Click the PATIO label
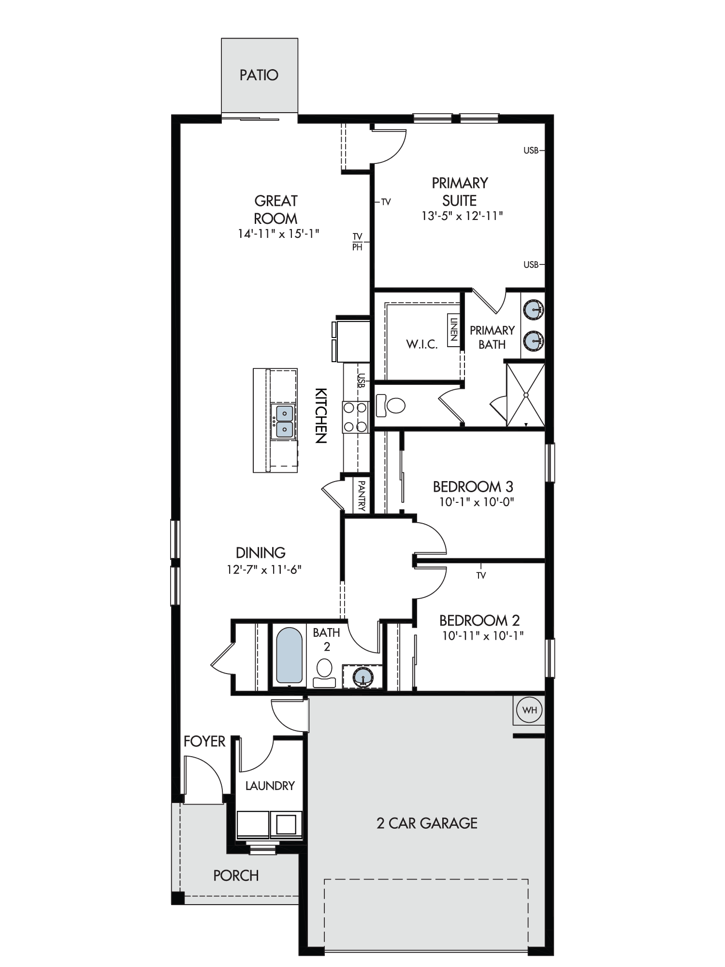click(x=259, y=75)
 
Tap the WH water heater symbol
click(x=530, y=710)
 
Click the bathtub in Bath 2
click(x=289, y=656)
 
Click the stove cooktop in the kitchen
click(x=355, y=417)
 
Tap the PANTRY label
click(x=362, y=495)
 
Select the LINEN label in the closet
click(x=453, y=329)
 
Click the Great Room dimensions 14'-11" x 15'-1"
click(x=278, y=234)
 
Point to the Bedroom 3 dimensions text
click(x=477, y=502)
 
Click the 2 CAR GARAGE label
click(x=427, y=823)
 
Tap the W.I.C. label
click(x=421, y=344)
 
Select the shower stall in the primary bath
click(x=525, y=395)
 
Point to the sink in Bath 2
click(x=363, y=676)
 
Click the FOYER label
click(x=204, y=741)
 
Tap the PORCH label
click(x=236, y=875)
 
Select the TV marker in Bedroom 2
click(x=481, y=575)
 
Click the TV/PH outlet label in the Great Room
click(x=357, y=241)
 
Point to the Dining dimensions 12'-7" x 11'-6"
click(x=264, y=569)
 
